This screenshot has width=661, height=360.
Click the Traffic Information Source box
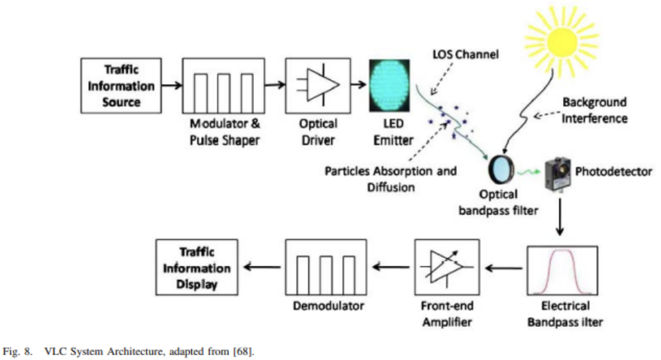point(121,87)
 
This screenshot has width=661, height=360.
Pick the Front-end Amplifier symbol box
point(444,268)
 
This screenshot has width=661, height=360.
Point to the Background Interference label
point(594,110)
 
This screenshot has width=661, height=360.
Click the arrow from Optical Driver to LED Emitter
point(357,87)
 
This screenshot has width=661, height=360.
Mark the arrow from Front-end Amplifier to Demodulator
point(388,268)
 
